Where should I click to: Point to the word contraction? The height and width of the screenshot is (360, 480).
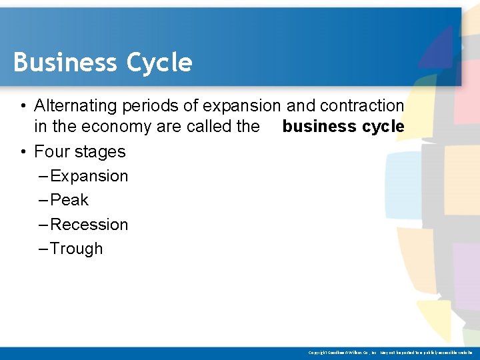(x=362, y=105)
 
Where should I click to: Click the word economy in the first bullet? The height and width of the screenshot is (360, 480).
(x=113, y=127)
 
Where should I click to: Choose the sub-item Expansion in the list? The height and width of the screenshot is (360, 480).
(x=89, y=176)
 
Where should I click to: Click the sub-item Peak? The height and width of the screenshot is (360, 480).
(x=69, y=200)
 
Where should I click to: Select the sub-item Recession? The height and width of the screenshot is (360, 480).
(x=89, y=224)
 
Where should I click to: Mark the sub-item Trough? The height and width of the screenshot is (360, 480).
(x=77, y=249)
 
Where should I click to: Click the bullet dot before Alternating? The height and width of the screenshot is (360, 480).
(x=23, y=106)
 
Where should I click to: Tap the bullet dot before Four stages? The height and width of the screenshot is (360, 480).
(x=23, y=152)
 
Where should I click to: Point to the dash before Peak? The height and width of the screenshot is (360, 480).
(x=43, y=200)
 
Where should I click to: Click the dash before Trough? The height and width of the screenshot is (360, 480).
(x=43, y=249)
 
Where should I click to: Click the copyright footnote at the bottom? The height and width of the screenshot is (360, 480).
(x=390, y=352)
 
